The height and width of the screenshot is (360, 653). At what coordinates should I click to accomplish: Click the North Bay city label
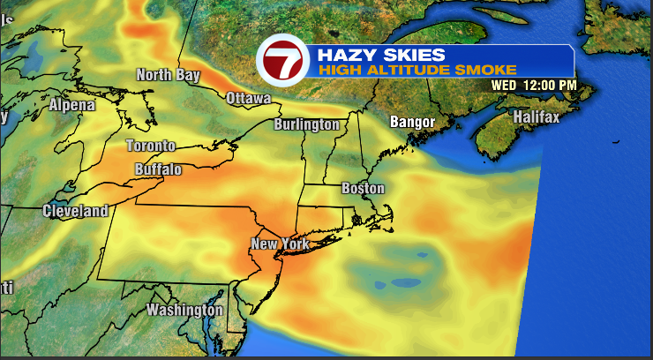click(168, 75)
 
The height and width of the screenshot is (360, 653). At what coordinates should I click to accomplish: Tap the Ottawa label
click(248, 98)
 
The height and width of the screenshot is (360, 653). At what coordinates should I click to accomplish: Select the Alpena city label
click(71, 105)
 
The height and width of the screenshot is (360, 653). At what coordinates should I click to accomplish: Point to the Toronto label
click(150, 146)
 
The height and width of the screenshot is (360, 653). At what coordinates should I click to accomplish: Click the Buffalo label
click(158, 169)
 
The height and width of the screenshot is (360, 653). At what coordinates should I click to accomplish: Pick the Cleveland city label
click(75, 211)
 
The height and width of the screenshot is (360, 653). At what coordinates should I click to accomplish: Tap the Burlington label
click(306, 124)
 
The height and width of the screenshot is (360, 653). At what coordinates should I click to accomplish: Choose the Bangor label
click(414, 121)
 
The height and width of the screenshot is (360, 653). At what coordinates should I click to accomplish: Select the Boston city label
click(363, 188)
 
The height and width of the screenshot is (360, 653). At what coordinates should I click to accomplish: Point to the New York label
click(277, 244)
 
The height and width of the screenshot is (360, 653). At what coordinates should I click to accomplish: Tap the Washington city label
click(184, 310)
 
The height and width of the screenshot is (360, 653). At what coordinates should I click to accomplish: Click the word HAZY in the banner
click(347, 54)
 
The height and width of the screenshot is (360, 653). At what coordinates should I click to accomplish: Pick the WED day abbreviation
click(504, 85)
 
